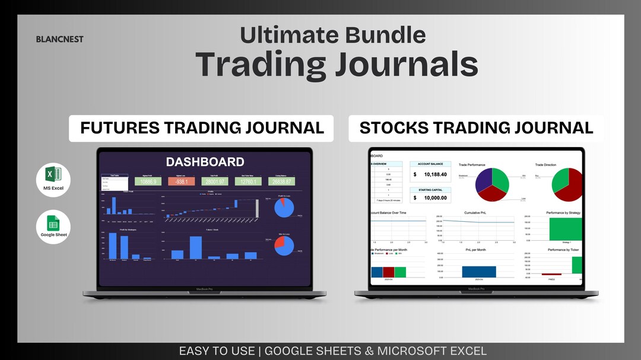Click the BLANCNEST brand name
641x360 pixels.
(x=59, y=39)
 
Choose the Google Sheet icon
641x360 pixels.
(x=53, y=225)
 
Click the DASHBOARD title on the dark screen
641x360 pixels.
(x=205, y=162)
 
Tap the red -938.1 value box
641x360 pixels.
(x=182, y=181)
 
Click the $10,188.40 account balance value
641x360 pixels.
(x=436, y=174)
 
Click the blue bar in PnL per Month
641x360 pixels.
(x=479, y=272)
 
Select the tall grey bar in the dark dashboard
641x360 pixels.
(x=257, y=209)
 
